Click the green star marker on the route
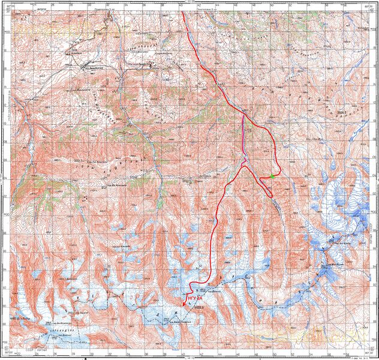272,176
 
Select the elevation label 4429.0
200,308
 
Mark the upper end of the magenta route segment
243,116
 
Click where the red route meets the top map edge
182,12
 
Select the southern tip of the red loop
269,196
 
